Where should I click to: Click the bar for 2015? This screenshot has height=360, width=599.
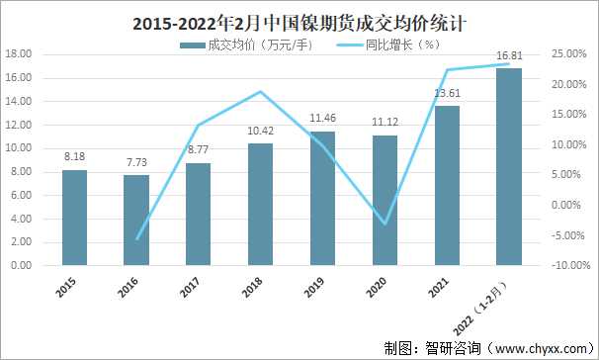coord(74,218)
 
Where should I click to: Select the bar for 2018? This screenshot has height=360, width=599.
coord(260,205)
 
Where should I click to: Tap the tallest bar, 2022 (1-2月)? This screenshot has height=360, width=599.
coord(508,167)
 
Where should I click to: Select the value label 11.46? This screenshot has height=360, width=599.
coord(322,120)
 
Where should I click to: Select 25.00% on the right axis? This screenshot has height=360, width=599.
coord(567,54)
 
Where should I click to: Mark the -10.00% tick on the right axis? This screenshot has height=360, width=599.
coord(567,266)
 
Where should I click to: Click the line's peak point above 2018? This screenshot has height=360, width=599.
coord(260,92)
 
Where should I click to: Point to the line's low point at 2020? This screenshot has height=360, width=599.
coord(385,225)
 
